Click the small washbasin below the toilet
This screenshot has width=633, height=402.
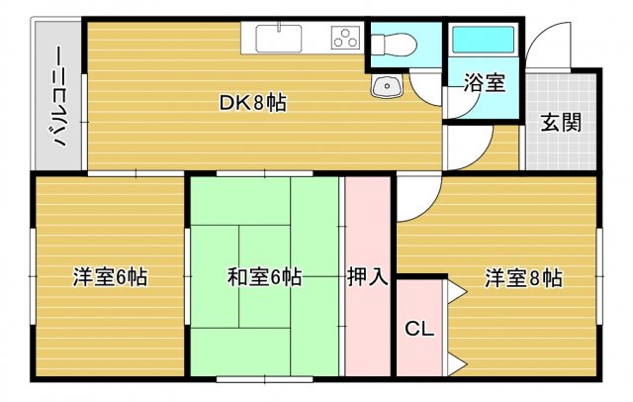(x=386, y=87)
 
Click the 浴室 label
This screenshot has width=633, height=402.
(x=483, y=84)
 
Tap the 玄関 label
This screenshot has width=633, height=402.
(x=561, y=123)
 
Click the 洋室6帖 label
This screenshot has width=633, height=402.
(x=110, y=277)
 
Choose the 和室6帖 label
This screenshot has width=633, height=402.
(x=264, y=277)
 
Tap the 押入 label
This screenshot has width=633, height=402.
(x=367, y=277)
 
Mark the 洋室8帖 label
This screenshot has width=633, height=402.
(x=523, y=277)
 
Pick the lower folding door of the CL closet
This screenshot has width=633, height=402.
(x=455, y=354)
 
